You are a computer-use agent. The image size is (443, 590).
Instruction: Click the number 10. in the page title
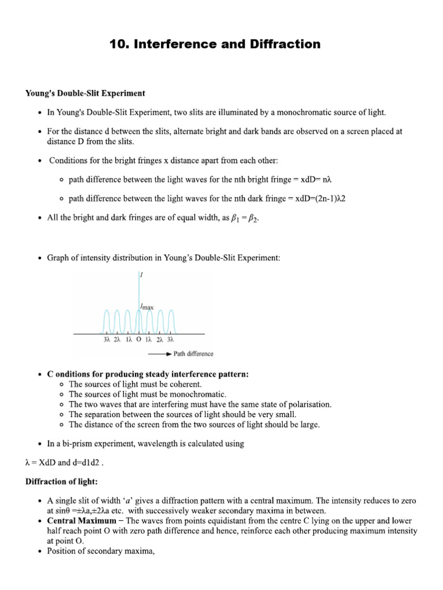121,44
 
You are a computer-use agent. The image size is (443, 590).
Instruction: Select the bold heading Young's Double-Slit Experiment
85,93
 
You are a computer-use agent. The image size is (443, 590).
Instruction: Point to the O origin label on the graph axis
138,340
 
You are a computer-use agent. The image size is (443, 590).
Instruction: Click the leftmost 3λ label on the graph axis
106,340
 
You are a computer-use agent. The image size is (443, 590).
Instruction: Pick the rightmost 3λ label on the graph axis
170,340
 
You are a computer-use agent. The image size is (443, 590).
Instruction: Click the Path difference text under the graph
193,353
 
